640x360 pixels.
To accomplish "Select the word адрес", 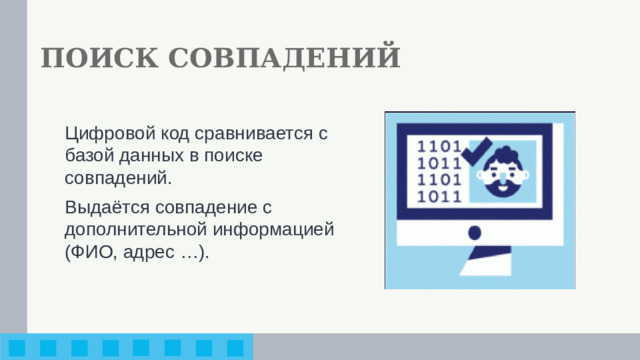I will pos(151,253).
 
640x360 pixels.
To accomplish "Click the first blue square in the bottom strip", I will pos(18,348).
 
